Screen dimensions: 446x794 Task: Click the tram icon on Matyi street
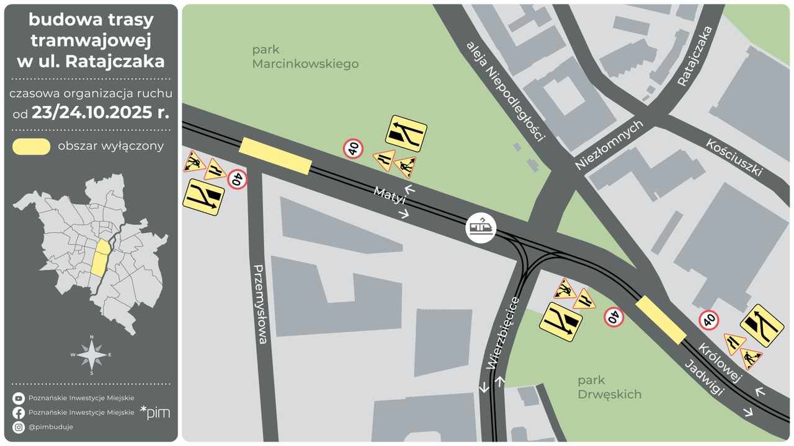481,228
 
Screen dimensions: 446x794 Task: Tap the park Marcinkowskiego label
305,56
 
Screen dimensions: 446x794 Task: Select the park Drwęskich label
609,387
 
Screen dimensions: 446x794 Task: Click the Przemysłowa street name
261,305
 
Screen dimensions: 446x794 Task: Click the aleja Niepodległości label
506,92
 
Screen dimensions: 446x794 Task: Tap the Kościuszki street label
734,157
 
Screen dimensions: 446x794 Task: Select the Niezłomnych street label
609,145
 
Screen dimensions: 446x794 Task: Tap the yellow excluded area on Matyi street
275,156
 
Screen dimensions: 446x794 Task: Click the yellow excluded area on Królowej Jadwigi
661,320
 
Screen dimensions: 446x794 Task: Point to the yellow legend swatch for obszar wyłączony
32,147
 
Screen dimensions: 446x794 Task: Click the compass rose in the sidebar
92,355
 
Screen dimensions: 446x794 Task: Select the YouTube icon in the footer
19,398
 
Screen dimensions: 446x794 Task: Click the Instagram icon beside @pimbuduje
19,427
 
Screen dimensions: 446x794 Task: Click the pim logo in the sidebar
155,413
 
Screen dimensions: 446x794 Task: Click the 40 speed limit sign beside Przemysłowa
237,180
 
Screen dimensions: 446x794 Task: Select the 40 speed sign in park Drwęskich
613,317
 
